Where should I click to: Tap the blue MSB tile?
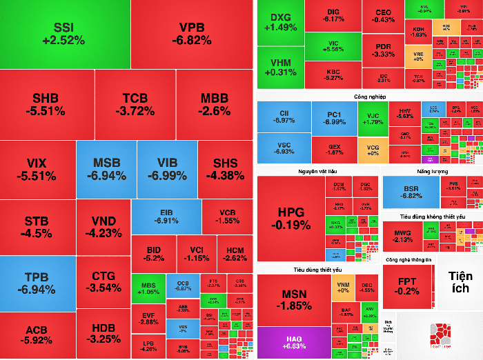(x=106, y=170)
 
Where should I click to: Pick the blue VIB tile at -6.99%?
(x=168, y=170)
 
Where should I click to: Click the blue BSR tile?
(x=411, y=191)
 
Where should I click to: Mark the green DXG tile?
(x=280, y=22)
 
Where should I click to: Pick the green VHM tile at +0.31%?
(x=280, y=67)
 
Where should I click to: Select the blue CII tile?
(x=284, y=117)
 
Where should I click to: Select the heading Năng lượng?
(x=432, y=170)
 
